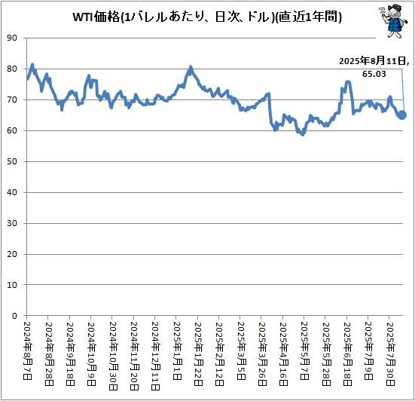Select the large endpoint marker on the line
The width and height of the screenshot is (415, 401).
(x=402, y=115)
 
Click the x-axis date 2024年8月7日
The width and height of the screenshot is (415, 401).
(x=27, y=350)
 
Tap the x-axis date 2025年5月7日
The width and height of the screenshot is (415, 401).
(x=304, y=350)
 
